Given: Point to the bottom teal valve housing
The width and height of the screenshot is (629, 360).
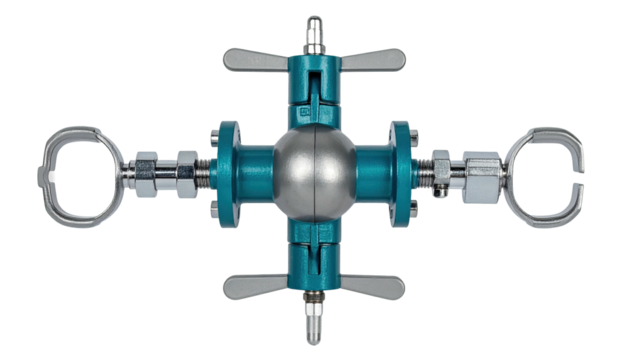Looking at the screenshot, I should click(x=313, y=258).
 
